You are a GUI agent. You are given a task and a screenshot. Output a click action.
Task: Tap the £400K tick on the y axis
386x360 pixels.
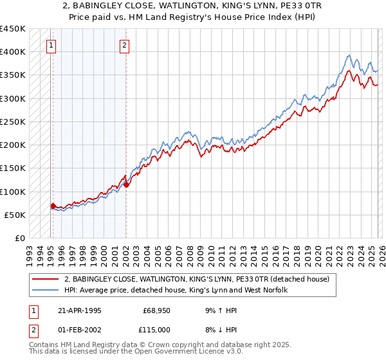point(12,51)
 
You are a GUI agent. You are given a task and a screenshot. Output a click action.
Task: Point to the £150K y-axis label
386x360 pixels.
point(12,168)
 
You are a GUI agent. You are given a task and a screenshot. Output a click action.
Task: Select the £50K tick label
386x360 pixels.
point(15,215)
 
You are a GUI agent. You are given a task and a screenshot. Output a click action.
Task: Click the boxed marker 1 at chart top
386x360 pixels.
point(51,45)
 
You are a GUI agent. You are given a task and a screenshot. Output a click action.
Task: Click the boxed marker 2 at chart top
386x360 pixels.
point(124,45)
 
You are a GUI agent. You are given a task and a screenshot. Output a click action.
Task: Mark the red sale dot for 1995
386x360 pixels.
point(53,206)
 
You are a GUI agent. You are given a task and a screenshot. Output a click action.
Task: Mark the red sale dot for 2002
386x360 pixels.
point(126,184)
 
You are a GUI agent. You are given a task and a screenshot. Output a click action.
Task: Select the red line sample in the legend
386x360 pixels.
point(46,279)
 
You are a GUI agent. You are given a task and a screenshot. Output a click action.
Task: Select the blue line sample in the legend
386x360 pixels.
point(46,290)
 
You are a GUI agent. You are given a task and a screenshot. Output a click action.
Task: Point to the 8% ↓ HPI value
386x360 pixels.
point(219,330)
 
